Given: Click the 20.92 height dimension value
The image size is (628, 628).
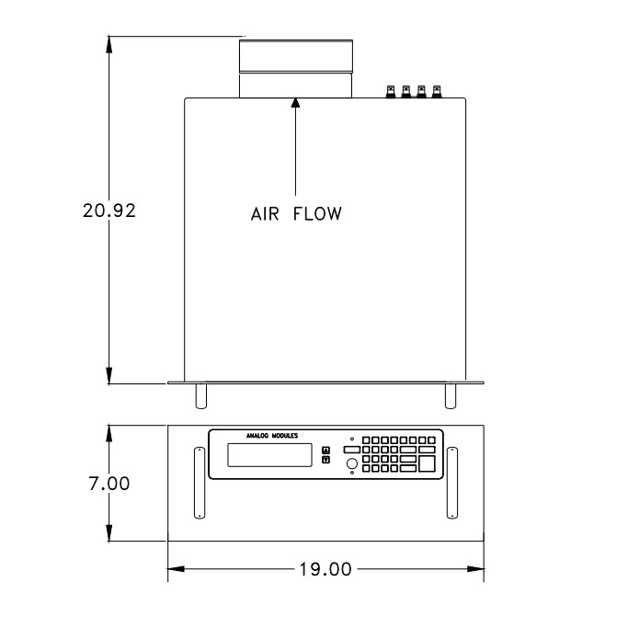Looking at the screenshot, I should pyautogui.click(x=109, y=211).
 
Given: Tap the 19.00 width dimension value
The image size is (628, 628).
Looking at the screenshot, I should pyautogui.click(x=325, y=569).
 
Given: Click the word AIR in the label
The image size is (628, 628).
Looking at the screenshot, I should pyautogui.click(x=265, y=214).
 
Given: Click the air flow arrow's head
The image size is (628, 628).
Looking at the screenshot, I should pyautogui.click(x=295, y=103).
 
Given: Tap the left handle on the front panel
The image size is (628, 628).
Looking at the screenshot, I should pyautogui.click(x=197, y=483).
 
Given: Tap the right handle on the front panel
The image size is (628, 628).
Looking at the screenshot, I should pyautogui.click(x=452, y=483).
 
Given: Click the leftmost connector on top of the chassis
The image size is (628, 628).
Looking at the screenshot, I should pyautogui.click(x=392, y=92).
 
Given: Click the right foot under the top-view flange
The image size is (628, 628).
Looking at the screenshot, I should pyautogui.click(x=450, y=395).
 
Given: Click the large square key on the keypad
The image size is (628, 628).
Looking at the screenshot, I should pyautogui.click(x=427, y=465).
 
